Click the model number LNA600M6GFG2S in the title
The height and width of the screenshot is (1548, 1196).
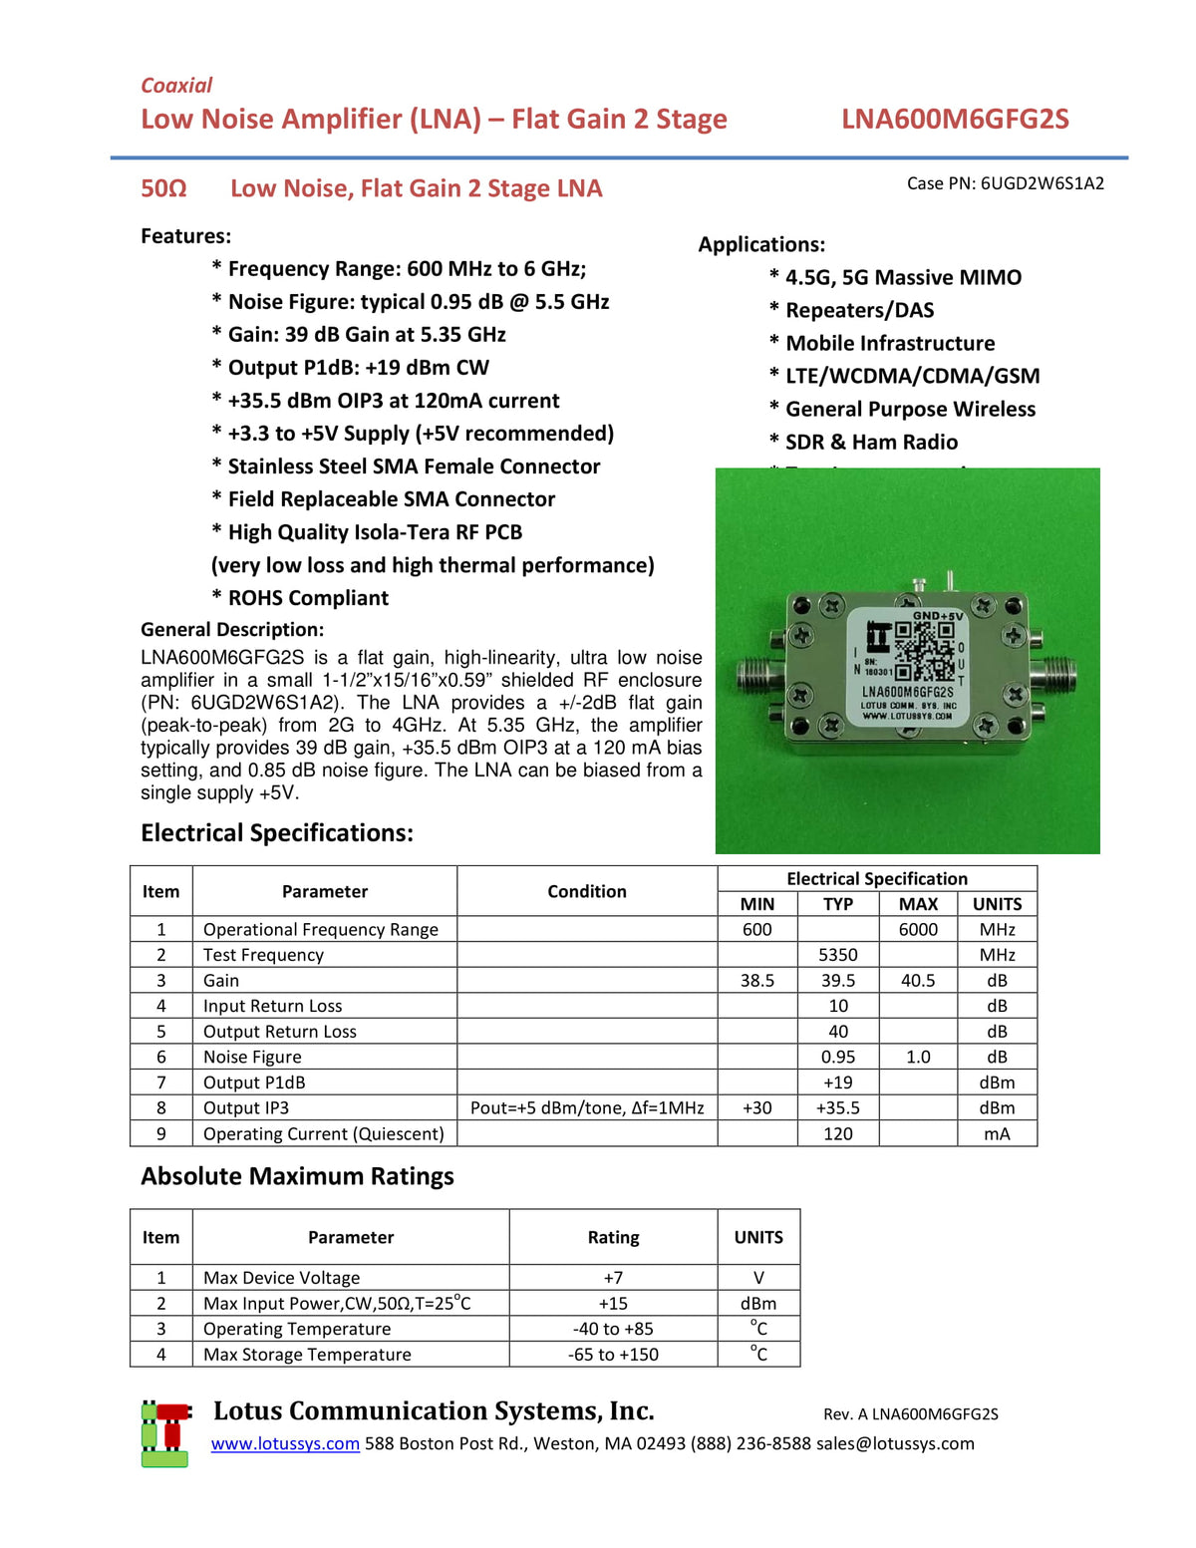click(954, 120)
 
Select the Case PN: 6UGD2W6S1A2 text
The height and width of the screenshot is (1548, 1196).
click(1005, 183)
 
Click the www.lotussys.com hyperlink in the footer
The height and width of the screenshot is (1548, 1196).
click(285, 1443)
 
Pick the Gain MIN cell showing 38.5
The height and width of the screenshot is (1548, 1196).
click(756, 981)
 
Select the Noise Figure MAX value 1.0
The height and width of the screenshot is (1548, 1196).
click(918, 1057)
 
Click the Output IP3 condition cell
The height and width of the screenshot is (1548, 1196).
click(587, 1108)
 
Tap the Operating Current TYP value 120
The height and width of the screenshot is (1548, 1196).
click(837, 1134)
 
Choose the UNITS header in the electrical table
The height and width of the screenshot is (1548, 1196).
click(997, 904)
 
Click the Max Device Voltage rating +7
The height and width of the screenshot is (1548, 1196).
click(613, 1278)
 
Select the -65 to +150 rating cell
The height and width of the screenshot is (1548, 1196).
click(613, 1355)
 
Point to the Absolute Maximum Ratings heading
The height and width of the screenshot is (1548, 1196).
click(297, 1176)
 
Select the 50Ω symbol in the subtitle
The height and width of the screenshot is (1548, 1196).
click(163, 189)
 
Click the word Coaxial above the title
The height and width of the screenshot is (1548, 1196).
click(176, 86)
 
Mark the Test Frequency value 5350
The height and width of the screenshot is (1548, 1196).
click(837, 955)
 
